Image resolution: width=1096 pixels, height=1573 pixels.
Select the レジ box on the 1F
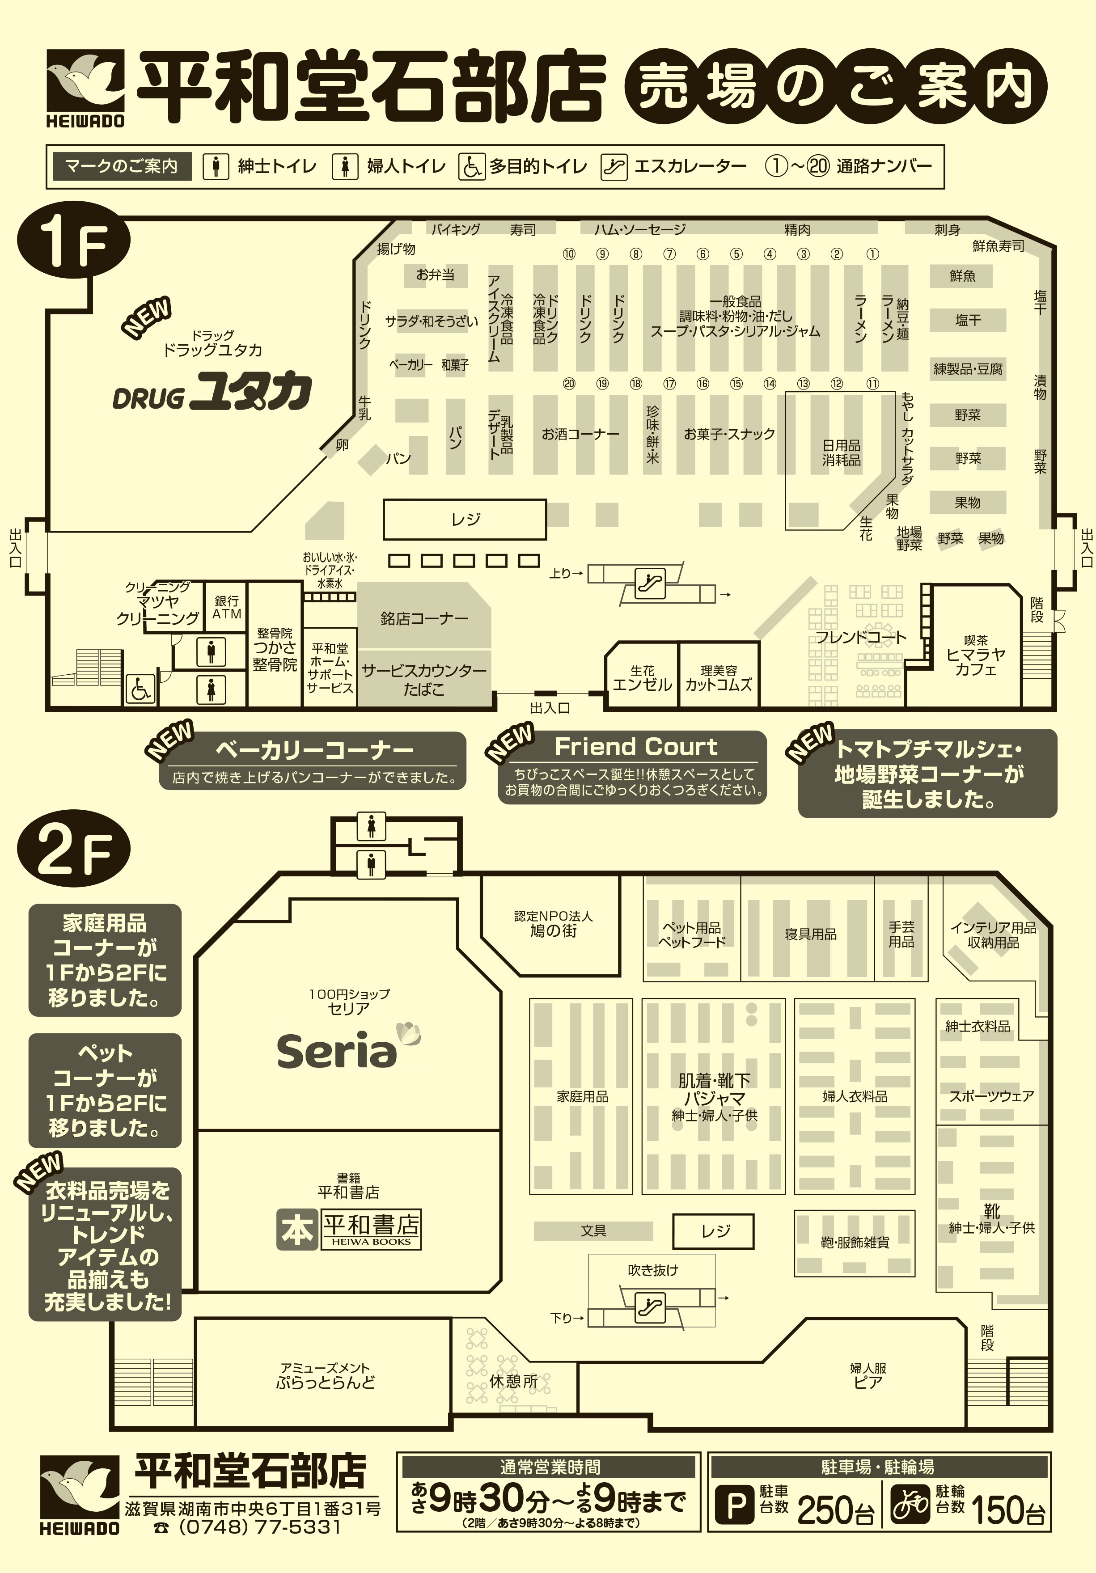(465, 519)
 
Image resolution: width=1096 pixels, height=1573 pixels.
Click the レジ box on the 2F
(713, 1231)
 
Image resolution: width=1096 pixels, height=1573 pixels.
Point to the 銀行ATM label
(226, 607)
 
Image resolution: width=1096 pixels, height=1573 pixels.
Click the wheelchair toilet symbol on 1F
(140, 689)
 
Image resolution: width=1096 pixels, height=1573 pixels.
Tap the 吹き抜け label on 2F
(652, 1269)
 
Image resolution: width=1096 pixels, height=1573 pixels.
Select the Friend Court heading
(636, 746)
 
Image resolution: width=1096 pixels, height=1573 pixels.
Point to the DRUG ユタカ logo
(212, 392)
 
